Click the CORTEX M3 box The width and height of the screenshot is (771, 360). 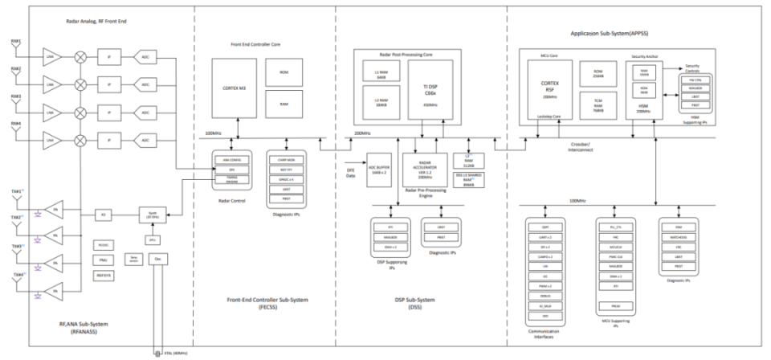[234, 88]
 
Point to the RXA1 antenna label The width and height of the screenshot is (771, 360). [16, 41]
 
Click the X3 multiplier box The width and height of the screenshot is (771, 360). [104, 215]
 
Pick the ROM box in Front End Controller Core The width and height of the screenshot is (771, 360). [284, 72]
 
